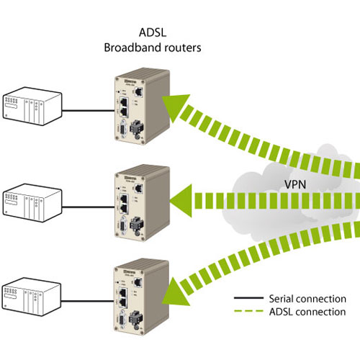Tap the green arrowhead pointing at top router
(174, 107)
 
